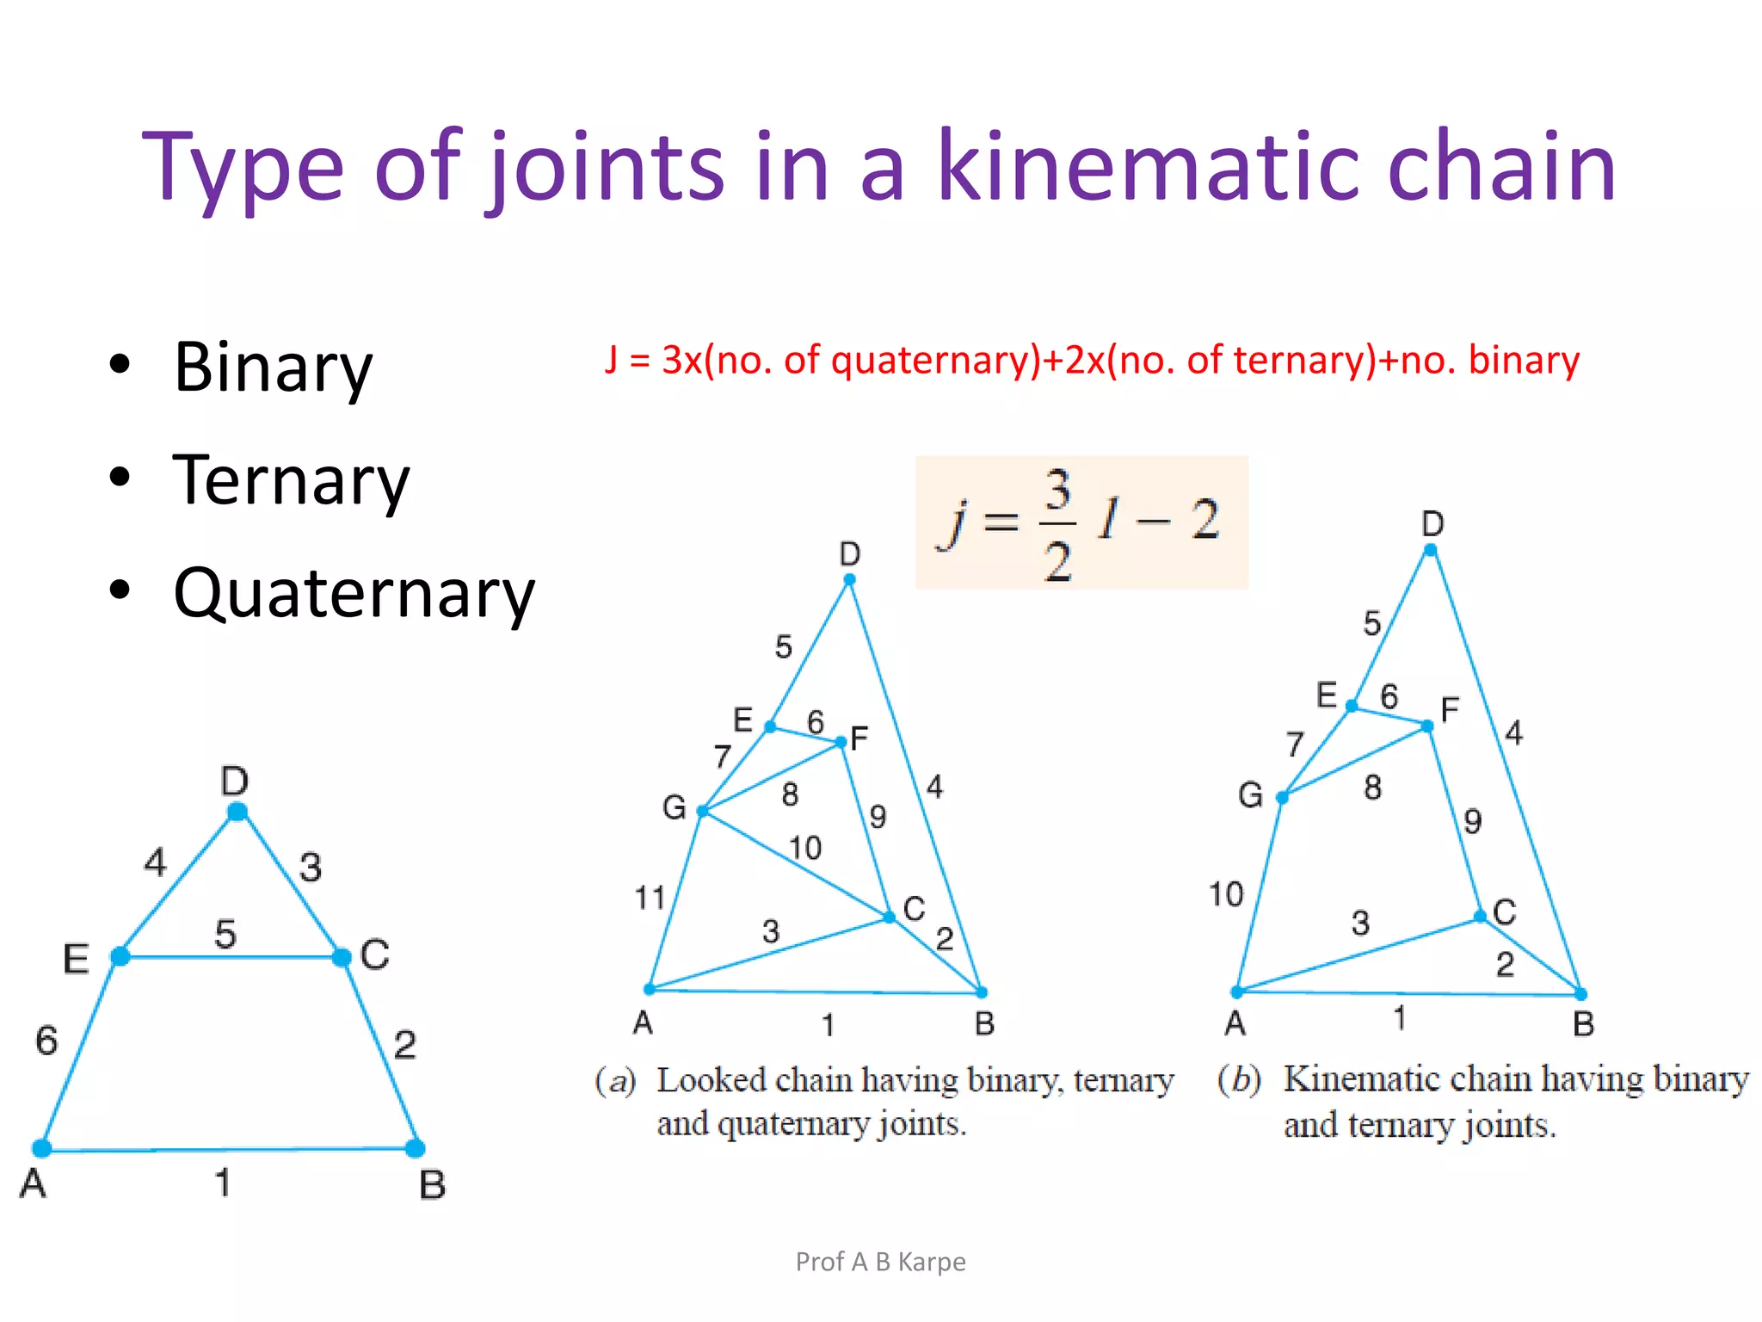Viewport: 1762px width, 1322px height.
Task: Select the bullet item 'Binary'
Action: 273,368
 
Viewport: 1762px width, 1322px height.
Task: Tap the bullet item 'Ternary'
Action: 291,480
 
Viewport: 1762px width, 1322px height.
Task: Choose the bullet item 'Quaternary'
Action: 354,594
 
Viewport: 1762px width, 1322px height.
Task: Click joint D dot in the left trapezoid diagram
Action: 237,812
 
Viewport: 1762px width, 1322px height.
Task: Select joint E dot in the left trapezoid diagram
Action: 120,956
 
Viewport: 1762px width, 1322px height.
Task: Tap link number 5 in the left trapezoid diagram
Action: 225,934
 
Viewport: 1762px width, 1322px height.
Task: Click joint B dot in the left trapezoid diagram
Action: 415,1148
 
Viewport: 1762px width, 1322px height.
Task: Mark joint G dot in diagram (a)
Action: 703,811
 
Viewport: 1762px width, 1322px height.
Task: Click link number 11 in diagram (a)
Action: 650,899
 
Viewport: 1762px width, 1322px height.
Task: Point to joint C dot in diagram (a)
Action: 890,917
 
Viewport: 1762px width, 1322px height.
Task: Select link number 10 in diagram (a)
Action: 805,849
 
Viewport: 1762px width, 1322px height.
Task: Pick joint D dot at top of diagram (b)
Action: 1431,550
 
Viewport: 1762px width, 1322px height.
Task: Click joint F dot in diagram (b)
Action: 1427,726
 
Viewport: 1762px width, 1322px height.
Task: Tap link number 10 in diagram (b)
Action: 1226,894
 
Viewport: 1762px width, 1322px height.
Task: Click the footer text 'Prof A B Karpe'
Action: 880,1262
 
